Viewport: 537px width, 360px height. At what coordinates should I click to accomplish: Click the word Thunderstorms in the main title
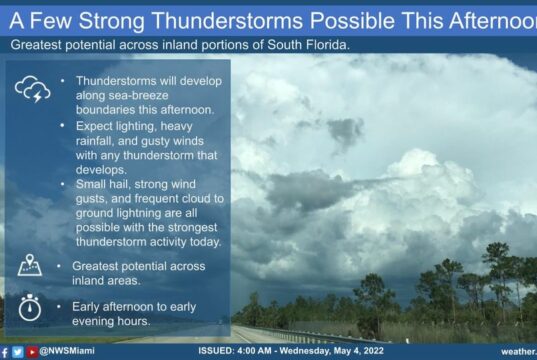click(x=227, y=21)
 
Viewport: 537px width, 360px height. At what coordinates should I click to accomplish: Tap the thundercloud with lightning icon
click(x=33, y=89)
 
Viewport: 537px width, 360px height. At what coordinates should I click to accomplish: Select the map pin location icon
click(x=30, y=265)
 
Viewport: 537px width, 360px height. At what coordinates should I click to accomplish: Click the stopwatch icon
click(x=30, y=307)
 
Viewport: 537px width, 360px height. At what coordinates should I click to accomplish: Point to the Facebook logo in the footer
click(x=4, y=352)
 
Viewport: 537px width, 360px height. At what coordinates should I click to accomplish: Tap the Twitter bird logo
click(x=18, y=352)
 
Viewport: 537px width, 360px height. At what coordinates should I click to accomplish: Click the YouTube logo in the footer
click(x=32, y=352)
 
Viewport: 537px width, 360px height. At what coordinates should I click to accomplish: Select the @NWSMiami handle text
click(x=67, y=351)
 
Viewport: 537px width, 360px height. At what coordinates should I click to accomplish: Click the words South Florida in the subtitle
click(x=307, y=45)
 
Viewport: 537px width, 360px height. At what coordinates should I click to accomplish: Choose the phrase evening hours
click(x=111, y=321)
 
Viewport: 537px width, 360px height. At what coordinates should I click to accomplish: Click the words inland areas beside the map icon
click(x=106, y=281)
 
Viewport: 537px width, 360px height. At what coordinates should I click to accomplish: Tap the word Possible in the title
click(x=352, y=21)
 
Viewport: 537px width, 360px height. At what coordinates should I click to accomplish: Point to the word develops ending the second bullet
click(x=101, y=170)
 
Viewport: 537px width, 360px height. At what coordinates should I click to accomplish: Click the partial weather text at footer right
click(x=519, y=352)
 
